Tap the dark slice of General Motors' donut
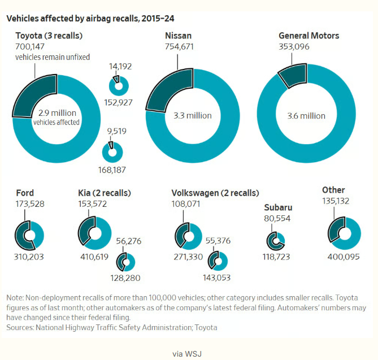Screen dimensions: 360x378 pyautogui.click(x=294, y=75)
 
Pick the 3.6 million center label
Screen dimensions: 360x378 pyautogui.click(x=306, y=116)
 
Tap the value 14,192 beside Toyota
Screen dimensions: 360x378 pyautogui.click(x=120, y=66)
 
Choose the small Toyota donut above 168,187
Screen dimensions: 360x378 pyautogui.click(x=112, y=151)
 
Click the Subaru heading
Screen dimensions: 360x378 pyautogui.click(x=278, y=207)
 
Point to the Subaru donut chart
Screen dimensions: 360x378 pyautogui.click(x=276, y=240)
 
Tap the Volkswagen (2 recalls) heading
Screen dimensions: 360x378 pyautogui.click(x=215, y=193)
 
